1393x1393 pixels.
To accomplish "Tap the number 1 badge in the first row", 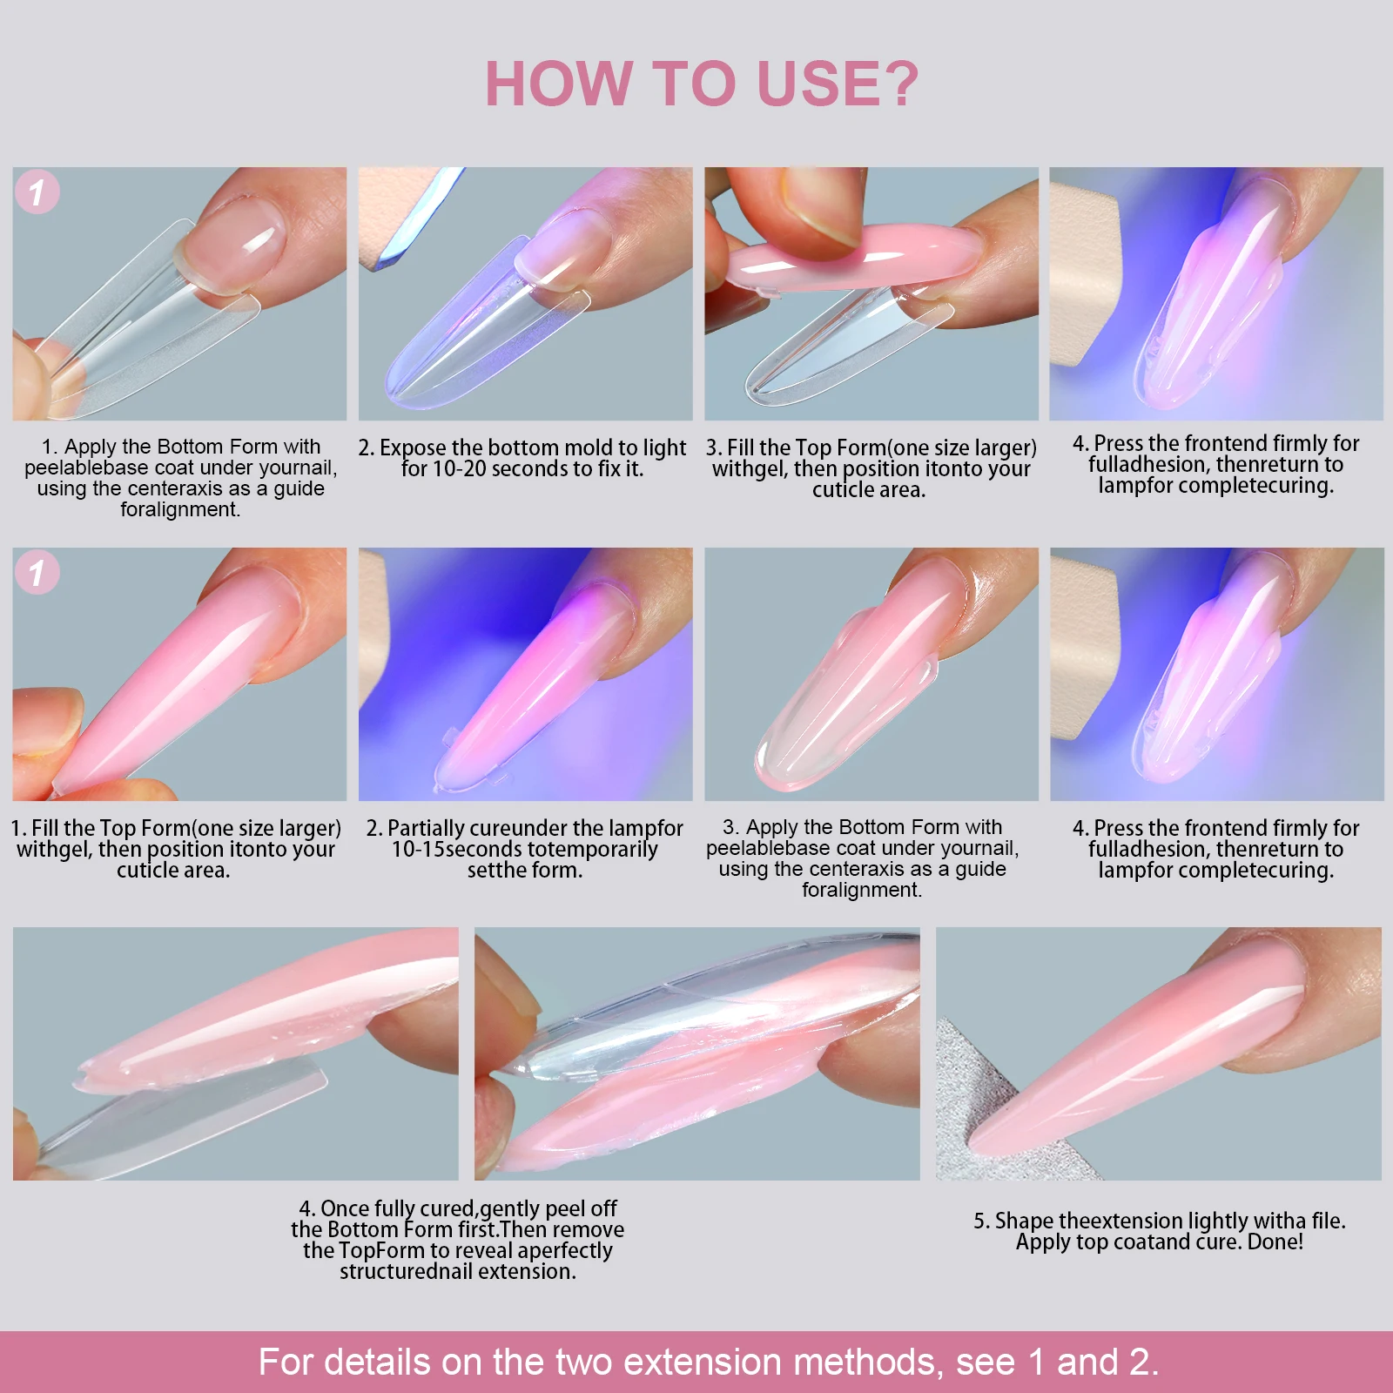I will [37, 192].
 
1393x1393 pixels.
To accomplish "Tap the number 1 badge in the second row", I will [37, 573].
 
